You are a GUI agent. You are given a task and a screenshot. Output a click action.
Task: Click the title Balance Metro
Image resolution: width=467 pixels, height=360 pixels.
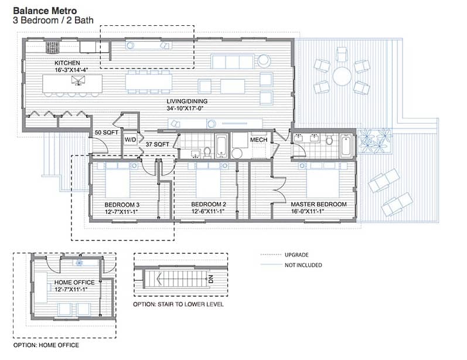tap(45, 11)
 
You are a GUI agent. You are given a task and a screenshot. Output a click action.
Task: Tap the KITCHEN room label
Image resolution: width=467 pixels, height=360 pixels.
tap(67, 63)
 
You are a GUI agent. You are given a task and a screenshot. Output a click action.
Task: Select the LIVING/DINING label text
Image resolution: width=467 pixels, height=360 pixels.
tap(187, 101)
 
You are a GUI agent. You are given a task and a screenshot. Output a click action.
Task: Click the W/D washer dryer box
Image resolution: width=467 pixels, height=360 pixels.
tap(131, 140)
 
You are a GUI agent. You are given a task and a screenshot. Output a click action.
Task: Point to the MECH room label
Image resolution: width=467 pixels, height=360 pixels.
tap(258, 140)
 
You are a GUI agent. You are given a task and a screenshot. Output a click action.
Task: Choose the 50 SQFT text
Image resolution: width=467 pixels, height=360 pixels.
tap(106, 133)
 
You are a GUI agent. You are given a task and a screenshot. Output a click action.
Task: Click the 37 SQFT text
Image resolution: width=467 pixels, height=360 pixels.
tap(157, 144)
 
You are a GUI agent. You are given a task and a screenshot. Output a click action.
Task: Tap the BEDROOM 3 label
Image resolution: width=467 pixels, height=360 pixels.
tap(122, 205)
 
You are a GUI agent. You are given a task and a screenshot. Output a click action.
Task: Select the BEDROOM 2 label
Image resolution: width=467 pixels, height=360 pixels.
tap(209, 204)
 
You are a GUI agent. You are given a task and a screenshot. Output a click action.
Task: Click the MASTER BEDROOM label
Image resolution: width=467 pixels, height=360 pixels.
tap(319, 204)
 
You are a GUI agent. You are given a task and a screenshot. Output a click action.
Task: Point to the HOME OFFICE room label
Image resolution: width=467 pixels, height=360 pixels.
tap(74, 282)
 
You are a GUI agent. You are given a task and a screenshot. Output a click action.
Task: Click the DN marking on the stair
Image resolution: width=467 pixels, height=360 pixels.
tap(211, 279)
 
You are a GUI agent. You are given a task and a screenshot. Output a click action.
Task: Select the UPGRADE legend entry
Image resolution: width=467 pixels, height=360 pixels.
tap(296, 255)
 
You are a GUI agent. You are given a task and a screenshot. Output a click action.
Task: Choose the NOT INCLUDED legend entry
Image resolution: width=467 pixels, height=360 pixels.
tap(303, 265)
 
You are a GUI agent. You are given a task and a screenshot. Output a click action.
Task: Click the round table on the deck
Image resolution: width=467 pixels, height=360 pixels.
tap(342, 76)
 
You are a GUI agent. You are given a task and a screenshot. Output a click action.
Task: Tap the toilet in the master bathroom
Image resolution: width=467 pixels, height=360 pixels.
tap(329, 139)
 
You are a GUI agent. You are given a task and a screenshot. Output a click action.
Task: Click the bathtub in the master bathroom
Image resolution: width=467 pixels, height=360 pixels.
tap(346, 146)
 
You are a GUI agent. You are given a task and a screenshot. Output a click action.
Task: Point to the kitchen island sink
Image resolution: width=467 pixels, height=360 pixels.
tap(78, 80)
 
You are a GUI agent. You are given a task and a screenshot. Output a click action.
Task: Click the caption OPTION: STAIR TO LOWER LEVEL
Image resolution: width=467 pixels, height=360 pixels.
tap(178, 304)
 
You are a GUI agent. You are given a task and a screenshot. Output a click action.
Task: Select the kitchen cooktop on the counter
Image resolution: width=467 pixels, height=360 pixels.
tap(52, 47)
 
